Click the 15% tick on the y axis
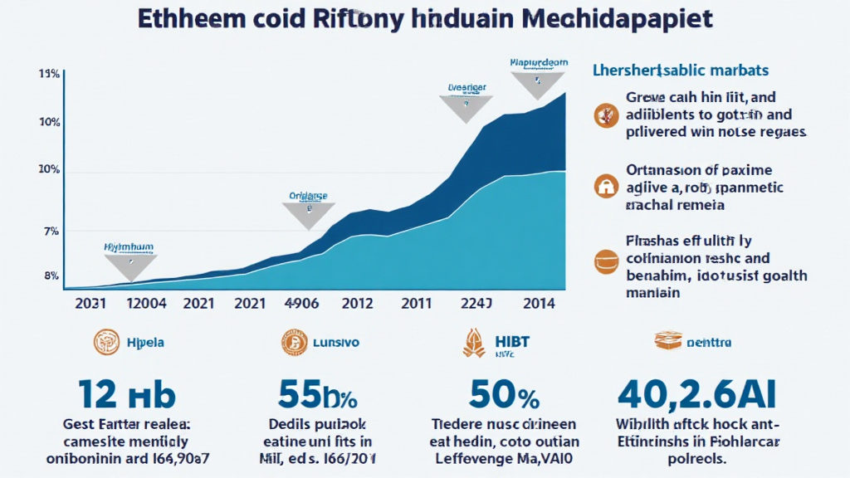coord(48,75)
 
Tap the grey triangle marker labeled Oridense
coord(308,214)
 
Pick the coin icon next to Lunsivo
coord(294,341)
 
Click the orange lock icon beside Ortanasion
coord(606,186)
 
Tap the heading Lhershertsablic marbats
coord(680,70)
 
